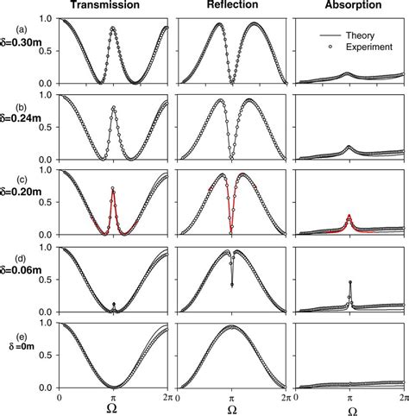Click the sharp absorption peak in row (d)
pyautogui.click(x=349, y=282)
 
